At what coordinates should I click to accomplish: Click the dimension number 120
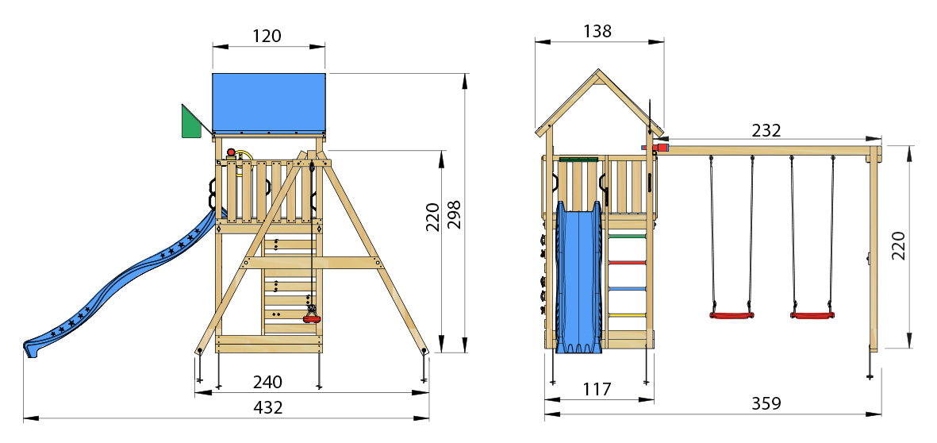tap(267, 36)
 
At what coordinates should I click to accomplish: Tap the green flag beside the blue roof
tap(190, 123)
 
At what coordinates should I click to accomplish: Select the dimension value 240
tap(267, 382)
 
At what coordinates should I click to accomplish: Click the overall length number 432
tap(267, 407)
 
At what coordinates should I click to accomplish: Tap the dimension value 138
tap(597, 31)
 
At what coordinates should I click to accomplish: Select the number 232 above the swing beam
tap(766, 130)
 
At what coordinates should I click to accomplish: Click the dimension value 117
tap(597, 389)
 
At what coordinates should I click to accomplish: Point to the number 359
tap(766, 403)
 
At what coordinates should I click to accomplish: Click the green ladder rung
tap(627, 235)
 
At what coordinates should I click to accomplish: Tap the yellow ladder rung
tap(627, 316)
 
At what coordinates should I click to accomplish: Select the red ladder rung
tap(627, 262)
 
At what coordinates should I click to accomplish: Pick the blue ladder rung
tap(627, 289)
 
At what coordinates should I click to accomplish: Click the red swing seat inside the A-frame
tap(313, 319)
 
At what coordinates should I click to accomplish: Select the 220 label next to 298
tap(432, 215)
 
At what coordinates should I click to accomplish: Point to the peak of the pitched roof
tap(598, 71)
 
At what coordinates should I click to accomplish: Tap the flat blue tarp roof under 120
tap(269, 102)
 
